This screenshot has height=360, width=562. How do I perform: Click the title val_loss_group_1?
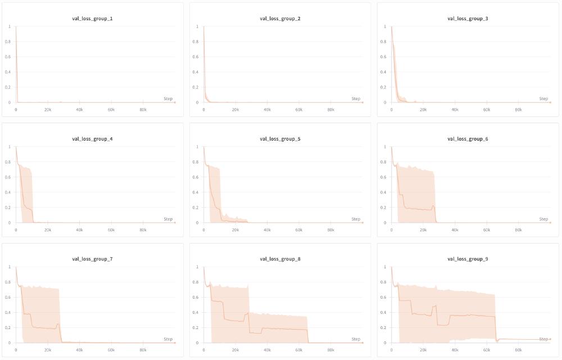coord(92,19)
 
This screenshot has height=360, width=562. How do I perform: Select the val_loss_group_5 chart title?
coord(280,138)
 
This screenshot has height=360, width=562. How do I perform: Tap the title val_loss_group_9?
coord(468,259)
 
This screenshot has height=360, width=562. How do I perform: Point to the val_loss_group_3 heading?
coord(468,19)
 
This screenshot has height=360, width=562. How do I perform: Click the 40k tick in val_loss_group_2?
coord(267,109)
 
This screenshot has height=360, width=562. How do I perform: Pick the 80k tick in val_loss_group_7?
coord(143,349)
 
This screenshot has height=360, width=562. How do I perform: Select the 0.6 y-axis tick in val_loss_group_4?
coord(8,177)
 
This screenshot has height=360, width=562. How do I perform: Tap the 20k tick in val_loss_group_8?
coord(235,349)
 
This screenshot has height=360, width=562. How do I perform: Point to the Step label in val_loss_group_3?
coord(543,99)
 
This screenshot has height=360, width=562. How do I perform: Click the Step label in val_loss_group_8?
coord(356,339)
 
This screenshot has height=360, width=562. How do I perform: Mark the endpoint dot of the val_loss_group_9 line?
coord(550,339)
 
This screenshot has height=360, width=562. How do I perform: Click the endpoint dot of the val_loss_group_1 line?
coord(175,102)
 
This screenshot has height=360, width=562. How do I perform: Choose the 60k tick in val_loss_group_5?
coord(299,229)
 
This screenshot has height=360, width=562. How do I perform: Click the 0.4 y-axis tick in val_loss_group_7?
coord(8,313)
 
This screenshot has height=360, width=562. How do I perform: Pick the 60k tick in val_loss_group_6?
coord(487,229)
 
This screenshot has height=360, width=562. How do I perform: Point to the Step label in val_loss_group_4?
coord(168,219)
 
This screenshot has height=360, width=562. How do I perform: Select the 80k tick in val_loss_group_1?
coord(143,109)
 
